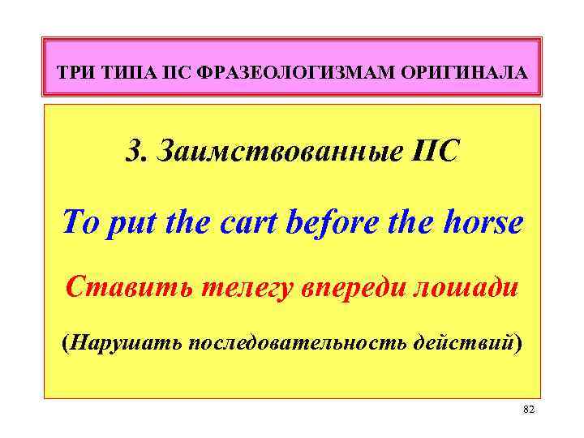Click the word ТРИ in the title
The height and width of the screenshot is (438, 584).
[78, 74]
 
